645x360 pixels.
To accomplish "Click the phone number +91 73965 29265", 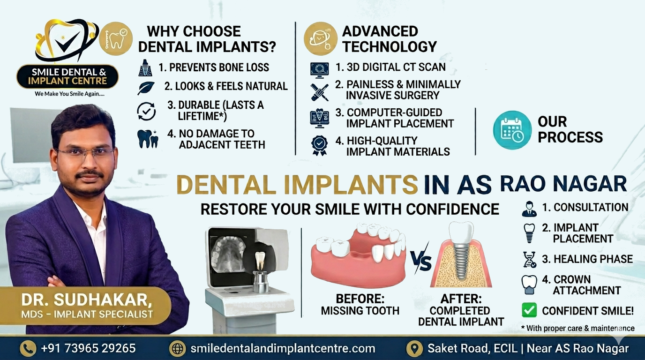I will click(88, 348).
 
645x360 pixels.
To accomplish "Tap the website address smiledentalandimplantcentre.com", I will click(283, 348).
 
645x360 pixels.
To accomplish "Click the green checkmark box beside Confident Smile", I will click(529, 310).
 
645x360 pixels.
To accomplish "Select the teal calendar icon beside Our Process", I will click(512, 130).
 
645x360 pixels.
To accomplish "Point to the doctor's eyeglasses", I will click(85, 153).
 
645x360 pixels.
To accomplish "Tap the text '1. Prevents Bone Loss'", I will click(214, 67).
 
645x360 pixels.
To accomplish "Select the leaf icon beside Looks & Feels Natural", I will click(145, 87).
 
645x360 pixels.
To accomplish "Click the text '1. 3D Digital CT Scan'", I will click(390, 67).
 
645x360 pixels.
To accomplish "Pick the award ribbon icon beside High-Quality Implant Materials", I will click(320, 145).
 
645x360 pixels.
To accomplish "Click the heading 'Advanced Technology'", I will click(389, 39).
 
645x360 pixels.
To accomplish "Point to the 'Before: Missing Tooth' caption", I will click(360, 304).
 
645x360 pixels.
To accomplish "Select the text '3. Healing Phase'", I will click(587, 259).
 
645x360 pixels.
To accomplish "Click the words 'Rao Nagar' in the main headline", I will click(563, 184).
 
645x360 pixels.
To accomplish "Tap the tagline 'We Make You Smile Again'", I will click(69, 94).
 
